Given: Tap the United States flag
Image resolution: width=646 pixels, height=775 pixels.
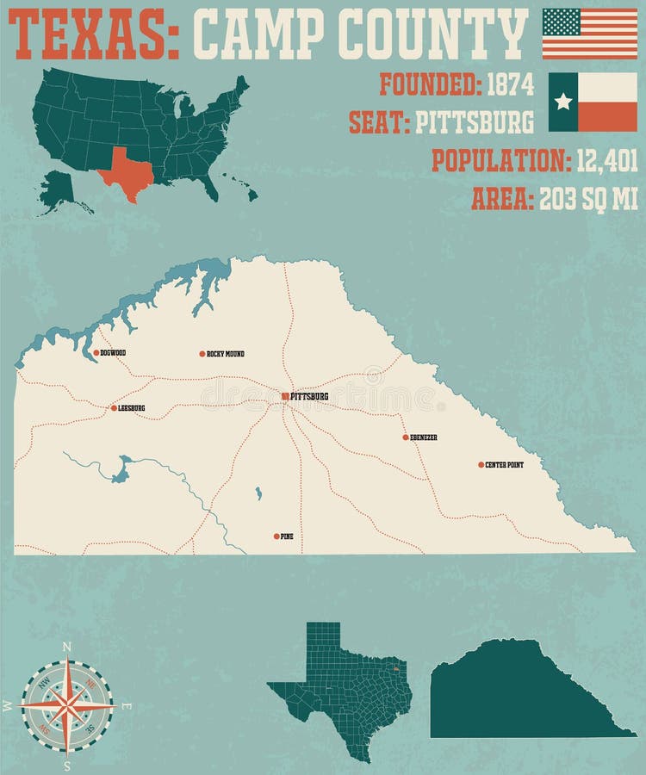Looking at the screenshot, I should click(x=590, y=34).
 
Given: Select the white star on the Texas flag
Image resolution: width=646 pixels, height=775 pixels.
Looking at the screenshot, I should click(x=563, y=102).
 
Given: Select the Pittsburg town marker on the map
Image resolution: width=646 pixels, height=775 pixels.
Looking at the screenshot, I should click(x=285, y=396).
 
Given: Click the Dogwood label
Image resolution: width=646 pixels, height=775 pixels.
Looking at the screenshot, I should click(x=113, y=352).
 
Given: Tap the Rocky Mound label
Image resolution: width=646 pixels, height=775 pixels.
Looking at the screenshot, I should click(x=226, y=354).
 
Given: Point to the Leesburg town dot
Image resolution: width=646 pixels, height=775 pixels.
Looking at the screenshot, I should click(x=113, y=408).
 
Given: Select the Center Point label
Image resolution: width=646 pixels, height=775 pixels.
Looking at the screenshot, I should click(x=504, y=465).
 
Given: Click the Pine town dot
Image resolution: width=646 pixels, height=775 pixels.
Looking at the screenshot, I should click(x=276, y=536).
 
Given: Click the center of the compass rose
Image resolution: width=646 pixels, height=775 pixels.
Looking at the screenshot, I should click(x=67, y=704).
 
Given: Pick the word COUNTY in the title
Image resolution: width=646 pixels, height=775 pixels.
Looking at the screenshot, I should click(x=431, y=34).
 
